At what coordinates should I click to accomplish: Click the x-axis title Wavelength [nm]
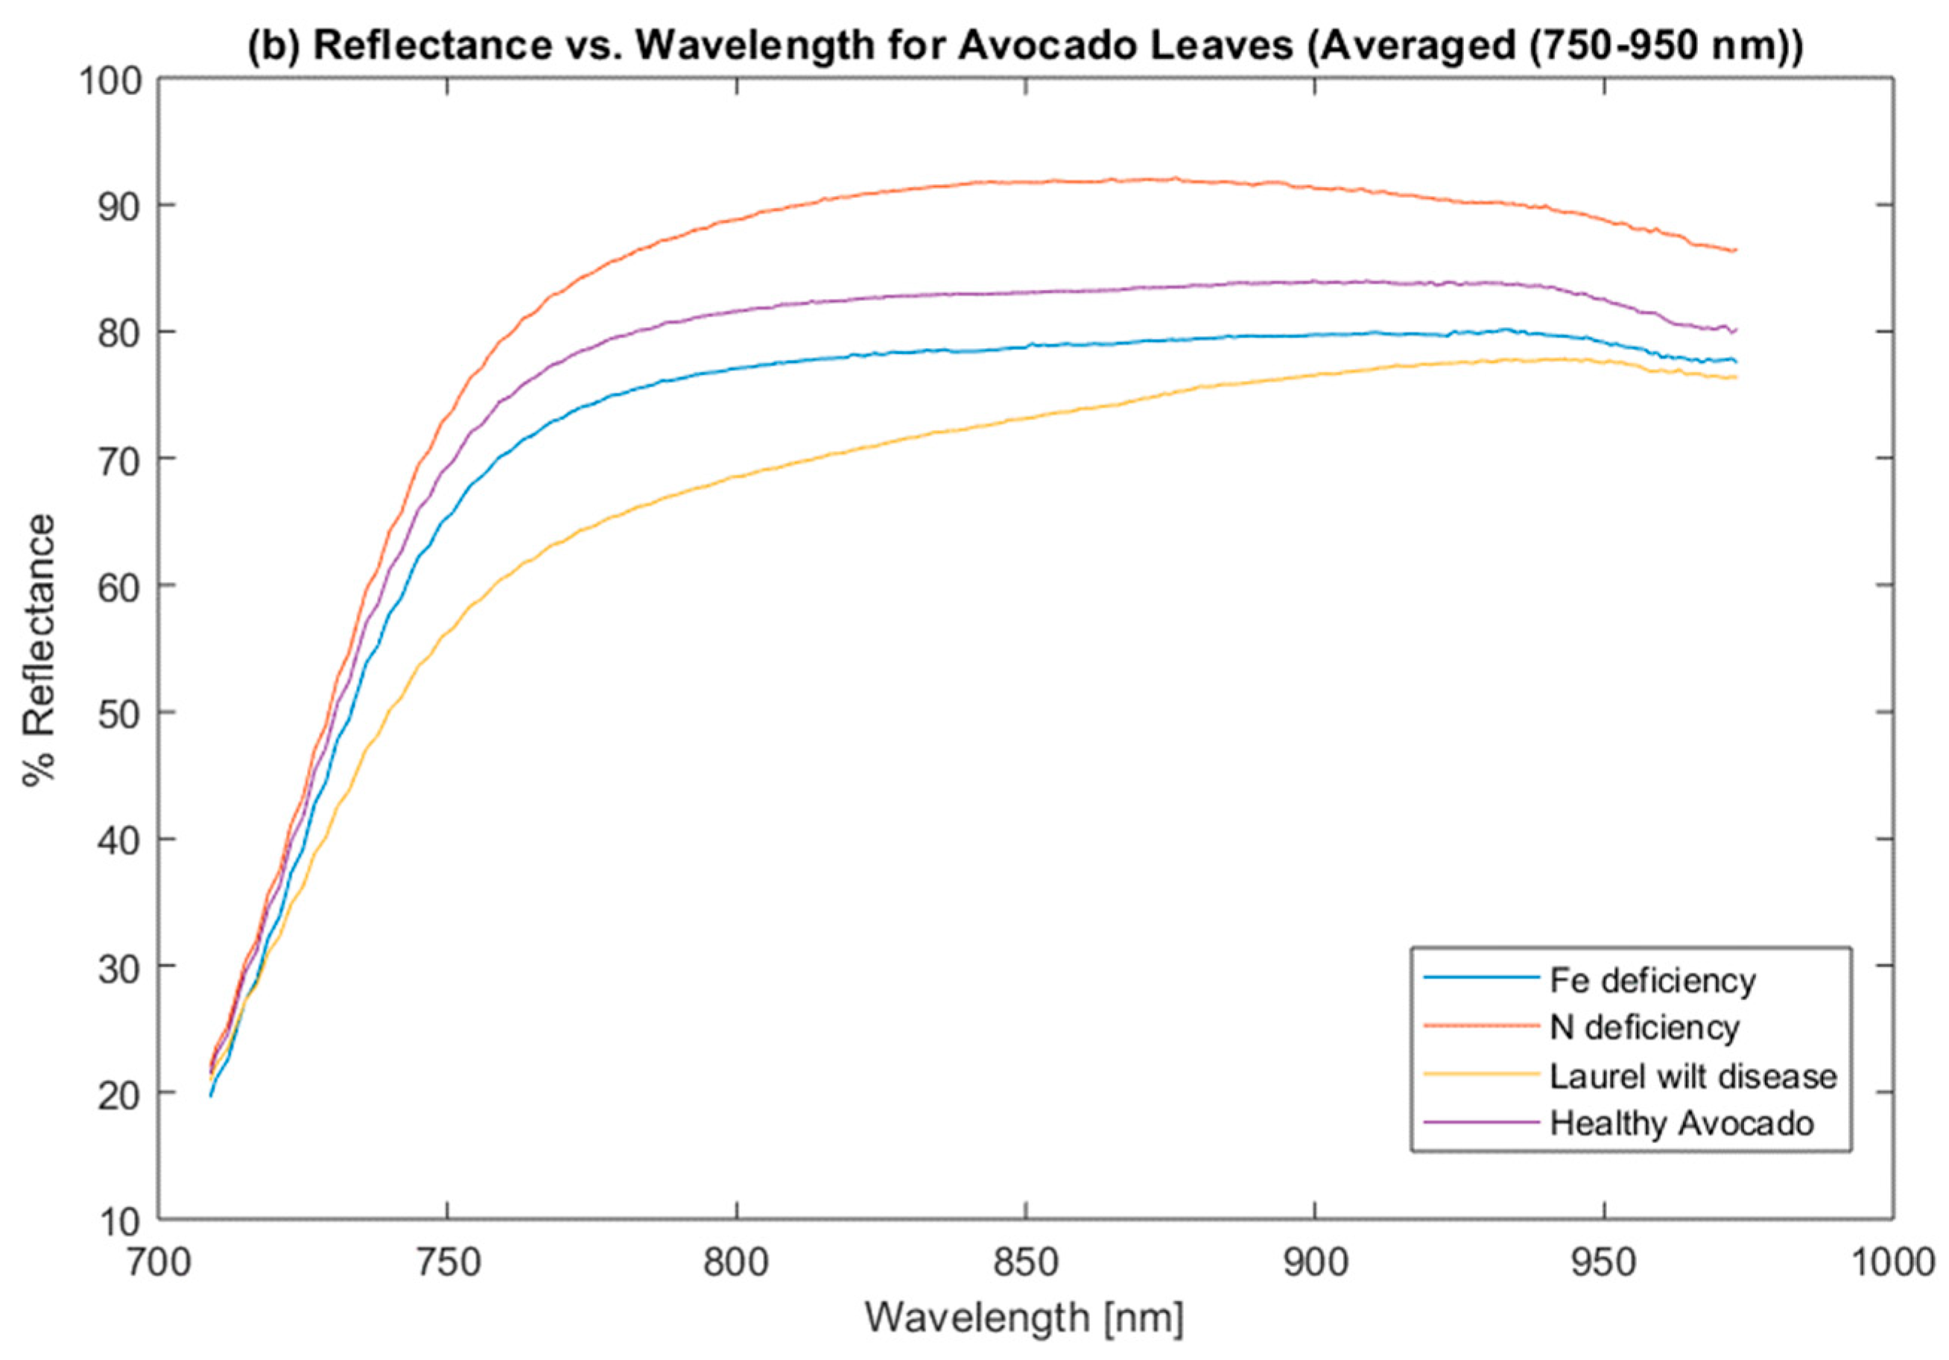pyautogui.click(x=1024, y=1318)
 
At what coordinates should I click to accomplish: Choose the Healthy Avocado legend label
pyautogui.click(x=1682, y=1123)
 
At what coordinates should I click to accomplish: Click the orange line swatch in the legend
pyautogui.click(x=1481, y=1026)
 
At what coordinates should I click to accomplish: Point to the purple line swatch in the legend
pyautogui.click(x=1481, y=1122)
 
